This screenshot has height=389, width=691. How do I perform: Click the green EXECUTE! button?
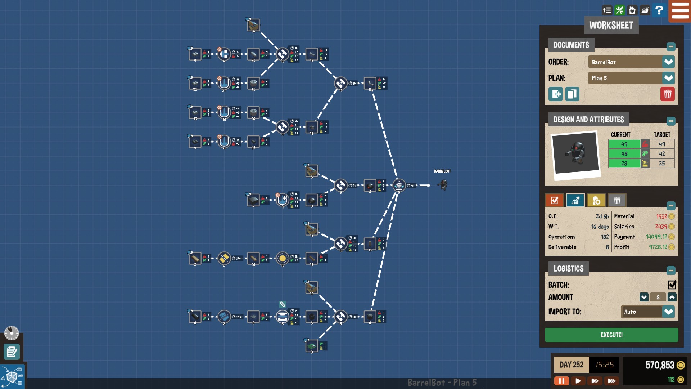point(611,335)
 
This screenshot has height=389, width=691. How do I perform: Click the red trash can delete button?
point(667,94)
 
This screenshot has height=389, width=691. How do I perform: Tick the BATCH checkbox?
point(672,285)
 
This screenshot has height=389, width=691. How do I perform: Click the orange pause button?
point(561,381)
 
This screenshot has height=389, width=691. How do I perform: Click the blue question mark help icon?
point(659,10)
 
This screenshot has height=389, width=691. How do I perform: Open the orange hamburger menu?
point(680,11)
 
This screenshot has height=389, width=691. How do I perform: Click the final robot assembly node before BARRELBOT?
point(399,185)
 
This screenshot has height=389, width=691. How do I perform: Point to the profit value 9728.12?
point(658,247)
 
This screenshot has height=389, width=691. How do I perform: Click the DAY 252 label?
point(571,365)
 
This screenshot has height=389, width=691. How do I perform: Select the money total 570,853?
point(659,365)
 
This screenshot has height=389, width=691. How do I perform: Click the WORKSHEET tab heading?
point(611,26)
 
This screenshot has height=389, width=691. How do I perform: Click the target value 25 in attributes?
point(662,164)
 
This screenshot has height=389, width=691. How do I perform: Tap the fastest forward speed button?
point(611,381)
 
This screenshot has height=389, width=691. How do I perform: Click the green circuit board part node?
point(312,346)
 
